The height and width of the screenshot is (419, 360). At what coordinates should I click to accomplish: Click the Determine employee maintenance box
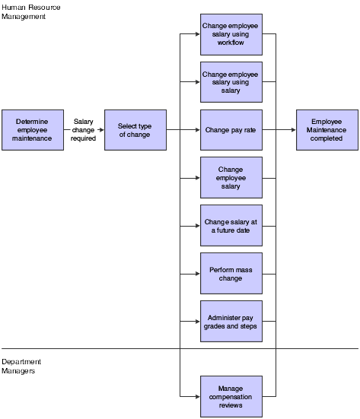pos(32,130)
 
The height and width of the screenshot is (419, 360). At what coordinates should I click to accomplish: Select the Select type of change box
pos(134,130)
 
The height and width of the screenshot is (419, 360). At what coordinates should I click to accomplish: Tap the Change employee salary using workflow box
pos(231,34)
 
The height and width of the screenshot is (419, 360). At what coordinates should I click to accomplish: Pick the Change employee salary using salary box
pos(231,82)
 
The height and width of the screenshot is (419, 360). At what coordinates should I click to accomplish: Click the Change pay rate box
pos(231,130)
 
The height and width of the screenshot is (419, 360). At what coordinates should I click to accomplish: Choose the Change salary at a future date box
pos(231,225)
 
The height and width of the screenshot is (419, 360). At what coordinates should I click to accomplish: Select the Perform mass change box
pos(231,273)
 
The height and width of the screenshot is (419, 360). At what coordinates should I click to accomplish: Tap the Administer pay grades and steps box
pos(231,321)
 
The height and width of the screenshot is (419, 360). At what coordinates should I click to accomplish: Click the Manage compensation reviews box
pos(231,396)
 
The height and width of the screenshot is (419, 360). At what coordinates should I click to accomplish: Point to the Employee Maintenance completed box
pos(327,130)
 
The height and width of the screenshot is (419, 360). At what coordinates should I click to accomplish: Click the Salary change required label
pos(84,130)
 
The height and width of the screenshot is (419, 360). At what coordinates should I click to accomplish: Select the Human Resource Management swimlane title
pos(30,11)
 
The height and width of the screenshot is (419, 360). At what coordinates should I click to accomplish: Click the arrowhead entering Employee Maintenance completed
pos(293,130)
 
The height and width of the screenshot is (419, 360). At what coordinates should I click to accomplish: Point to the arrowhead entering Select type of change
pos(100,130)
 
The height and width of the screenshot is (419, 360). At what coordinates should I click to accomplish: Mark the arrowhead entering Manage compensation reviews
pos(197,396)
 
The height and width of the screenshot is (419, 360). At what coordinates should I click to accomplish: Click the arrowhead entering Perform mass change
pos(197,273)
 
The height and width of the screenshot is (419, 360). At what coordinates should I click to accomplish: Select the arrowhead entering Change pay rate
pos(197,130)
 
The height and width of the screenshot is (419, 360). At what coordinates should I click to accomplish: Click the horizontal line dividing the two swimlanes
pos(91,348)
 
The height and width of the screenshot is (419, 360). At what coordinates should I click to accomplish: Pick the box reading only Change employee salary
pos(231,177)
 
